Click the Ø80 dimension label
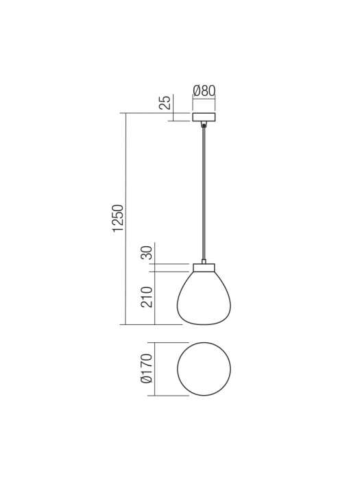204,91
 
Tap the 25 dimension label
165,104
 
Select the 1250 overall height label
118,219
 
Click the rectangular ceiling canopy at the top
204,117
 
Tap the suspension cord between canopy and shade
204,192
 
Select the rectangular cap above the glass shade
204,266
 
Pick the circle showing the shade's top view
204,368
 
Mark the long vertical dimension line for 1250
125,219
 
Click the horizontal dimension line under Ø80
204,100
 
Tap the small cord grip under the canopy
204,125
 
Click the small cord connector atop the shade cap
204,261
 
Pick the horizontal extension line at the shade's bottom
154,324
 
